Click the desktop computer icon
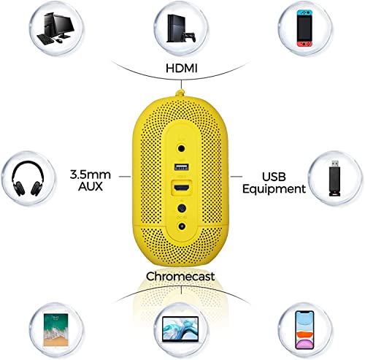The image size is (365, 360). (x=55, y=28)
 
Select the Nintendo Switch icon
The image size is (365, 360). (x=305, y=28)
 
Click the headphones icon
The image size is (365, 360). (x=28, y=179)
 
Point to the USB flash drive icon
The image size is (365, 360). (x=334, y=178)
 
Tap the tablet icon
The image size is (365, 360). (x=55, y=330)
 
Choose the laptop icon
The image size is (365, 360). (x=180, y=330)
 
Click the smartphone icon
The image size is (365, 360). (x=304, y=330)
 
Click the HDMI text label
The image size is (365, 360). (x=181, y=69)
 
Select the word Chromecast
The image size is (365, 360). (x=180, y=277)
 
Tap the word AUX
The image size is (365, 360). (x=91, y=186)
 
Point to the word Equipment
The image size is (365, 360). (x=274, y=189)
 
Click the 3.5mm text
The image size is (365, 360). (x=91, y=175)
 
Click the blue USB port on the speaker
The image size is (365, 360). (x=182, y=167)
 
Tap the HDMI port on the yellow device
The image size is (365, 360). (x=182, y=188)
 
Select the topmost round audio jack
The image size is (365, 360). (x=182, y=148)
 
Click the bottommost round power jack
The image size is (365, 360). (x=182, y=226)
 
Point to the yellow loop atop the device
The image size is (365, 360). (x=180, y=93)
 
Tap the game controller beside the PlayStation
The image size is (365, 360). (x=189, y=37)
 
